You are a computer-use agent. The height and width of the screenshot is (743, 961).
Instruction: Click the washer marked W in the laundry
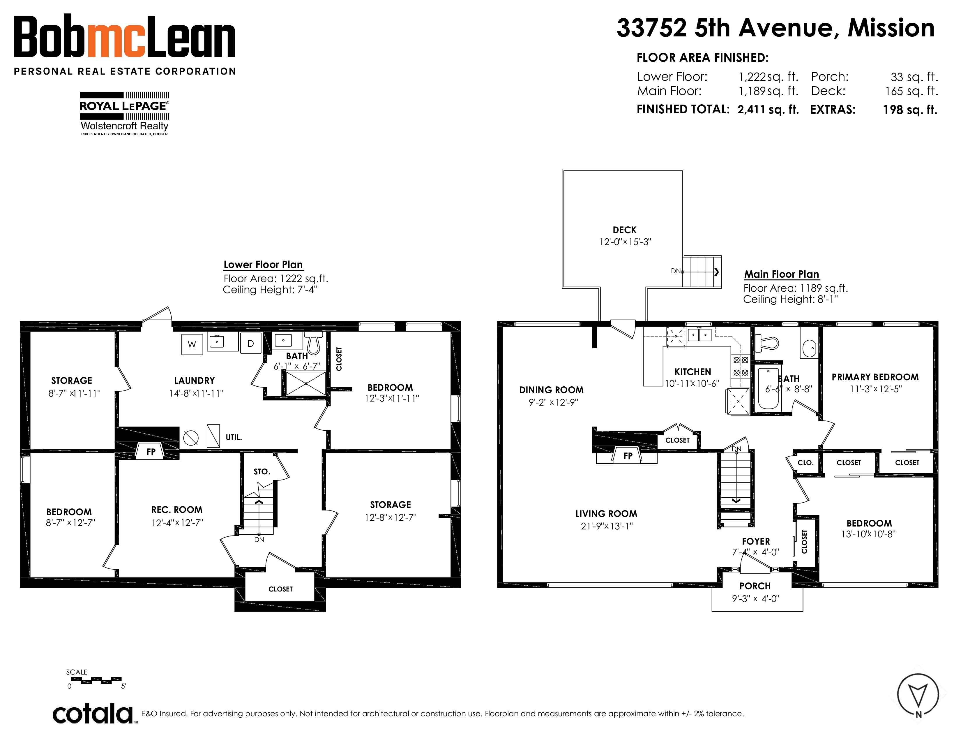192,344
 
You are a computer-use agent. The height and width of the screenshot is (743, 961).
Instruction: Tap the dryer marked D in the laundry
251,343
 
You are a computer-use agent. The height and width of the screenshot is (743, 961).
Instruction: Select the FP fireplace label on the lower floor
151,452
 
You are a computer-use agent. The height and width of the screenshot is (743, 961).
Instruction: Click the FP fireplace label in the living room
628,456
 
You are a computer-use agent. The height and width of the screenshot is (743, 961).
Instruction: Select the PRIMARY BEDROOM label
875,377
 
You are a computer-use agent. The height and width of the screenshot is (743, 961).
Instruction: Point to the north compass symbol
918,695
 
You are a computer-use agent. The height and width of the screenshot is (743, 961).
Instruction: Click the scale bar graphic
96,680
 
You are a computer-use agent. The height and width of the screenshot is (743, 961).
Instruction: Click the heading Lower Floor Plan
263,265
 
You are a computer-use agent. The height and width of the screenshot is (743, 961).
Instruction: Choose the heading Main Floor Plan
782,274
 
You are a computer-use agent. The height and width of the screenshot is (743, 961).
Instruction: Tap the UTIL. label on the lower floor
234,437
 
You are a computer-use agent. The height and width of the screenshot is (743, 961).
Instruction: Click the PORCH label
755,586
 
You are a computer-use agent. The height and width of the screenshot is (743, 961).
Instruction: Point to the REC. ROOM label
177,510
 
